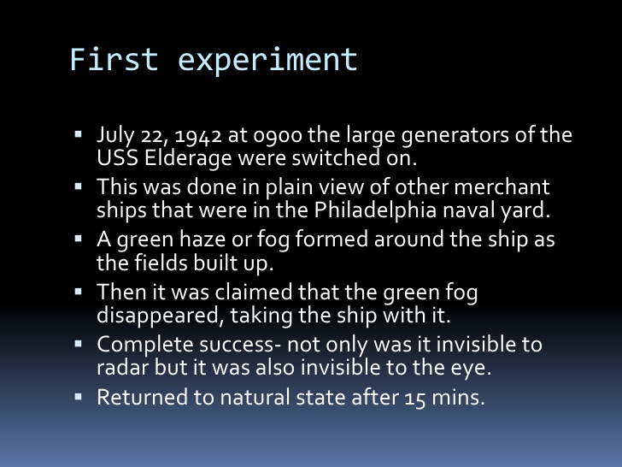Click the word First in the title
[x=102, y=60]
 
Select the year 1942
[x=183, y=137]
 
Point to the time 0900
[x=267, y=137]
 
